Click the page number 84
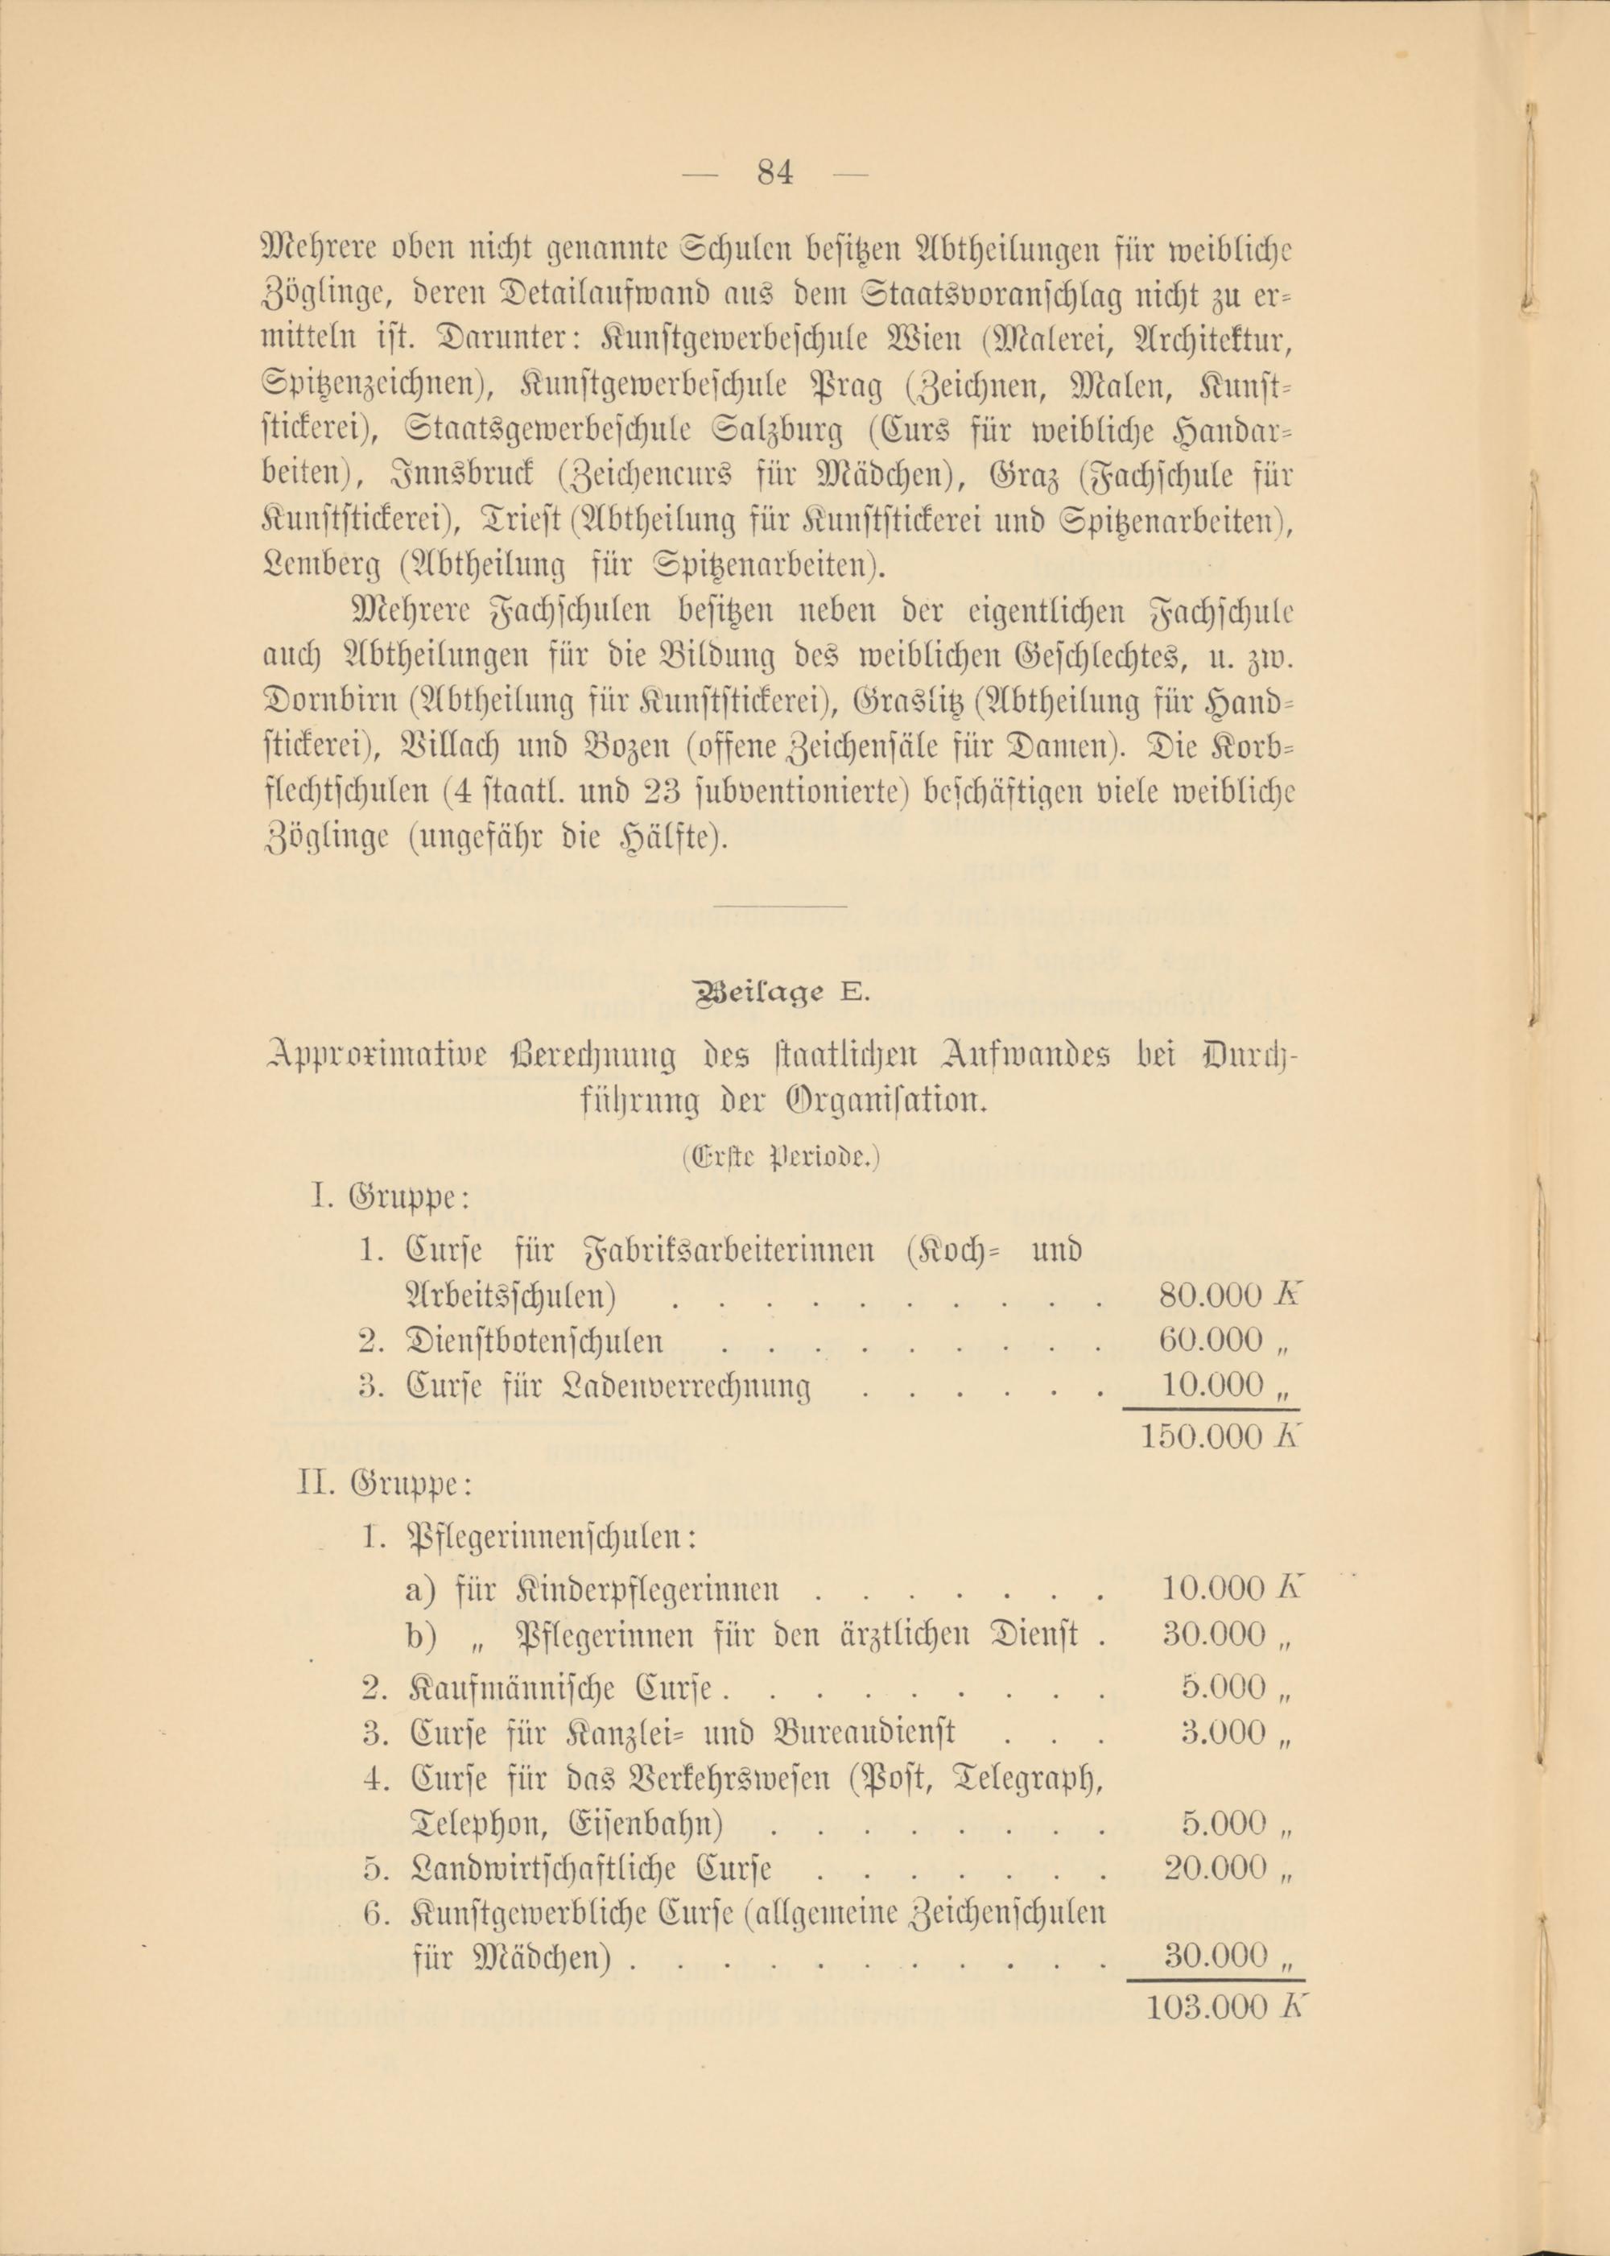pyautogui.click(x=775, y=174)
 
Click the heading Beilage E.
pyautogui.click(x=784, y=997)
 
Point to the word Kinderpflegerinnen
pyautogui.click(x=646, y=1589)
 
